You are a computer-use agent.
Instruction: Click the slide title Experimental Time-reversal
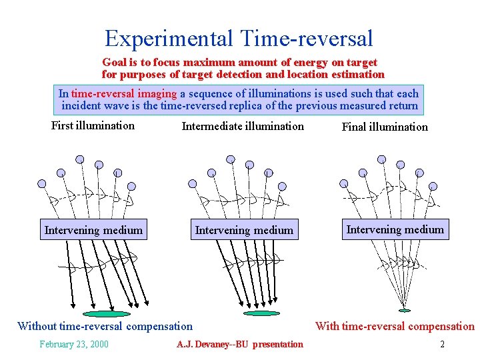[x=239, y=38]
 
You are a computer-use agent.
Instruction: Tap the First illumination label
[x=93, y=125]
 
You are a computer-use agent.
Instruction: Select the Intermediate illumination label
[x=243, y=126]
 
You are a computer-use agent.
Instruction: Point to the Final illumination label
[x=385, y=127]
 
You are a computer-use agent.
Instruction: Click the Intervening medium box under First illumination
[x=93, y=230]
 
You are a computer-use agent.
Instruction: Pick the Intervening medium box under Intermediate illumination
[x=244, y=230]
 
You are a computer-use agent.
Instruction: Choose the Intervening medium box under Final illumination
[x=395, y=229]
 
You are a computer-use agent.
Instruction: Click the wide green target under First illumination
[x=107, y=313]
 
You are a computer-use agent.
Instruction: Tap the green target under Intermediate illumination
[x=261, y=313]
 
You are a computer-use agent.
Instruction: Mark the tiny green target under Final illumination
[x=404, y=310]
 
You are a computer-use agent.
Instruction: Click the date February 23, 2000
[x=73, y=344]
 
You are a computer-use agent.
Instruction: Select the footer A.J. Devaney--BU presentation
[x=239, y=344]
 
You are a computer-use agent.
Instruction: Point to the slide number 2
[x=441, y=344]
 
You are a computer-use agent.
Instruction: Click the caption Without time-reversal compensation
[x=105, y=326]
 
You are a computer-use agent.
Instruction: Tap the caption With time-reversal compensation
[x=395, y=326]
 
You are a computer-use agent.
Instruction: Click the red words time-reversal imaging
[x=124, y=94]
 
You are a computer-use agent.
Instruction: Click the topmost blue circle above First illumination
[x=79, y=159]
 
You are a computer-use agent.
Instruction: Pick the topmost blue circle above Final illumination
[x=381, y=159]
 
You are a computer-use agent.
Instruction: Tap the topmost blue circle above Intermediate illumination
[x=231, y=159]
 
